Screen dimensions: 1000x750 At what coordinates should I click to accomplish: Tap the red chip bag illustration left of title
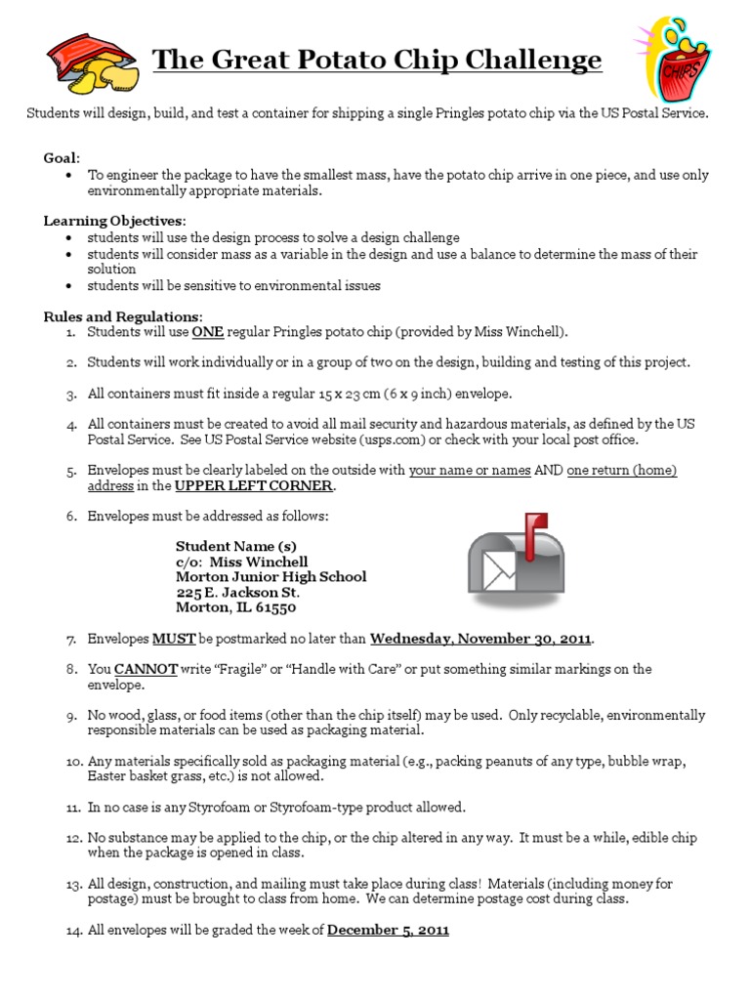tap(92, 61)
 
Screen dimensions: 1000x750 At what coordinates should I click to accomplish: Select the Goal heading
tap(62, 157)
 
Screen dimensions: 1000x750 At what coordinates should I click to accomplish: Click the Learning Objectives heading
tap(113, 221)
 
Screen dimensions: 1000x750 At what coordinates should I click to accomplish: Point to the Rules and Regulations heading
tap(122, 316)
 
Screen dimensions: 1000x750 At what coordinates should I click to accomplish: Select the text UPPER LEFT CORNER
tap(254, 485)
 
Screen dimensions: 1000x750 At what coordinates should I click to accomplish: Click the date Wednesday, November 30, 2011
tap(480, 640)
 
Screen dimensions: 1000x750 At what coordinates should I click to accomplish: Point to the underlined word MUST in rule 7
tap(174, 640)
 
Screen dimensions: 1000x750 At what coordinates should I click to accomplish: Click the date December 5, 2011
tap(388, 931)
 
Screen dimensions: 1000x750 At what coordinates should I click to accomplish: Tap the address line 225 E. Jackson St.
tap(237, 593)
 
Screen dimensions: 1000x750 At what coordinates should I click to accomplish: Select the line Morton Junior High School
tap(271, 577)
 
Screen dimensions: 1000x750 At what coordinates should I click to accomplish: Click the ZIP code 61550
tap(275, 607)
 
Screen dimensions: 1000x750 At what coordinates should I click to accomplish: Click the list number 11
tap(72, 808)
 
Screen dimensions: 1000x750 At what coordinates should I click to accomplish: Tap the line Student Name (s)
tap(235, 546)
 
